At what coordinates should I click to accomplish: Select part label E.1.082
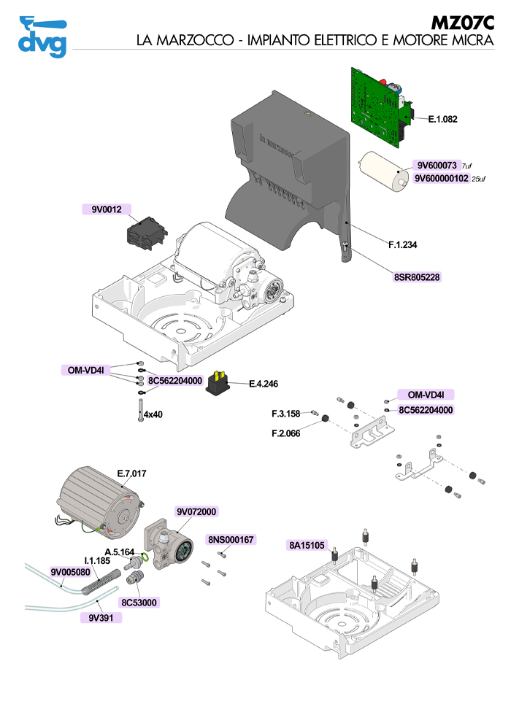(x=442, y=118)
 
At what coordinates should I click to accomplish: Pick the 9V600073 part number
(x=436, y=165)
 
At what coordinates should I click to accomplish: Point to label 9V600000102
(x=441, y=178)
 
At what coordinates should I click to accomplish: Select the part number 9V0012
(x=106, y=210)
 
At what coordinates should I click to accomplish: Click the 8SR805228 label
(x=417, y=277)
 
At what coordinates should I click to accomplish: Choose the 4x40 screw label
(x=153, y=414)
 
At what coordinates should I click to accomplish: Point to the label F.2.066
(x=285, y=432)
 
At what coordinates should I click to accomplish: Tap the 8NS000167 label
(x=231, y=540)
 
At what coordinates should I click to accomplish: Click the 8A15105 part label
(x=307, y=545)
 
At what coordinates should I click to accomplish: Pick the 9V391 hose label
(x=101, y=617)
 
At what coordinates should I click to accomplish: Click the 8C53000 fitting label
(x=139, y=602)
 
